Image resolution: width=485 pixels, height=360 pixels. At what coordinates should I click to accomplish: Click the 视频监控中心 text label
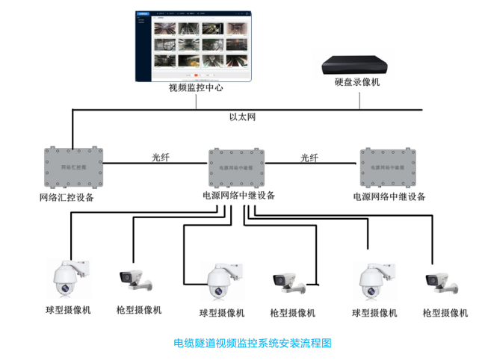point(196,88)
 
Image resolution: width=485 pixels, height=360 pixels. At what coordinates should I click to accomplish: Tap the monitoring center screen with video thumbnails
point(196,46)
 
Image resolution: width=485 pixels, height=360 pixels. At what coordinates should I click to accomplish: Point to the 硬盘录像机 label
point(356,82)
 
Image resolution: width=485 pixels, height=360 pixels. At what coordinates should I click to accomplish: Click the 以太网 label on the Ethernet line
point(242,118)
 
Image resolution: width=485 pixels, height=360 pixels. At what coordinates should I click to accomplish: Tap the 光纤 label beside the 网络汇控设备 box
point(161,158)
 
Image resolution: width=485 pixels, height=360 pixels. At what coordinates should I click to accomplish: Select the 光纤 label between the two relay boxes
point(309,158)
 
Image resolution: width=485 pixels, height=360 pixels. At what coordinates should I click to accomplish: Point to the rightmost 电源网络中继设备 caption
point(389,197)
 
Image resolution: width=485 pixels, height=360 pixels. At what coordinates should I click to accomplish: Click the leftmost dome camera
point(68,277)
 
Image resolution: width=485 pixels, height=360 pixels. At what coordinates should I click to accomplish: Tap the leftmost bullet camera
point(135,279)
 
